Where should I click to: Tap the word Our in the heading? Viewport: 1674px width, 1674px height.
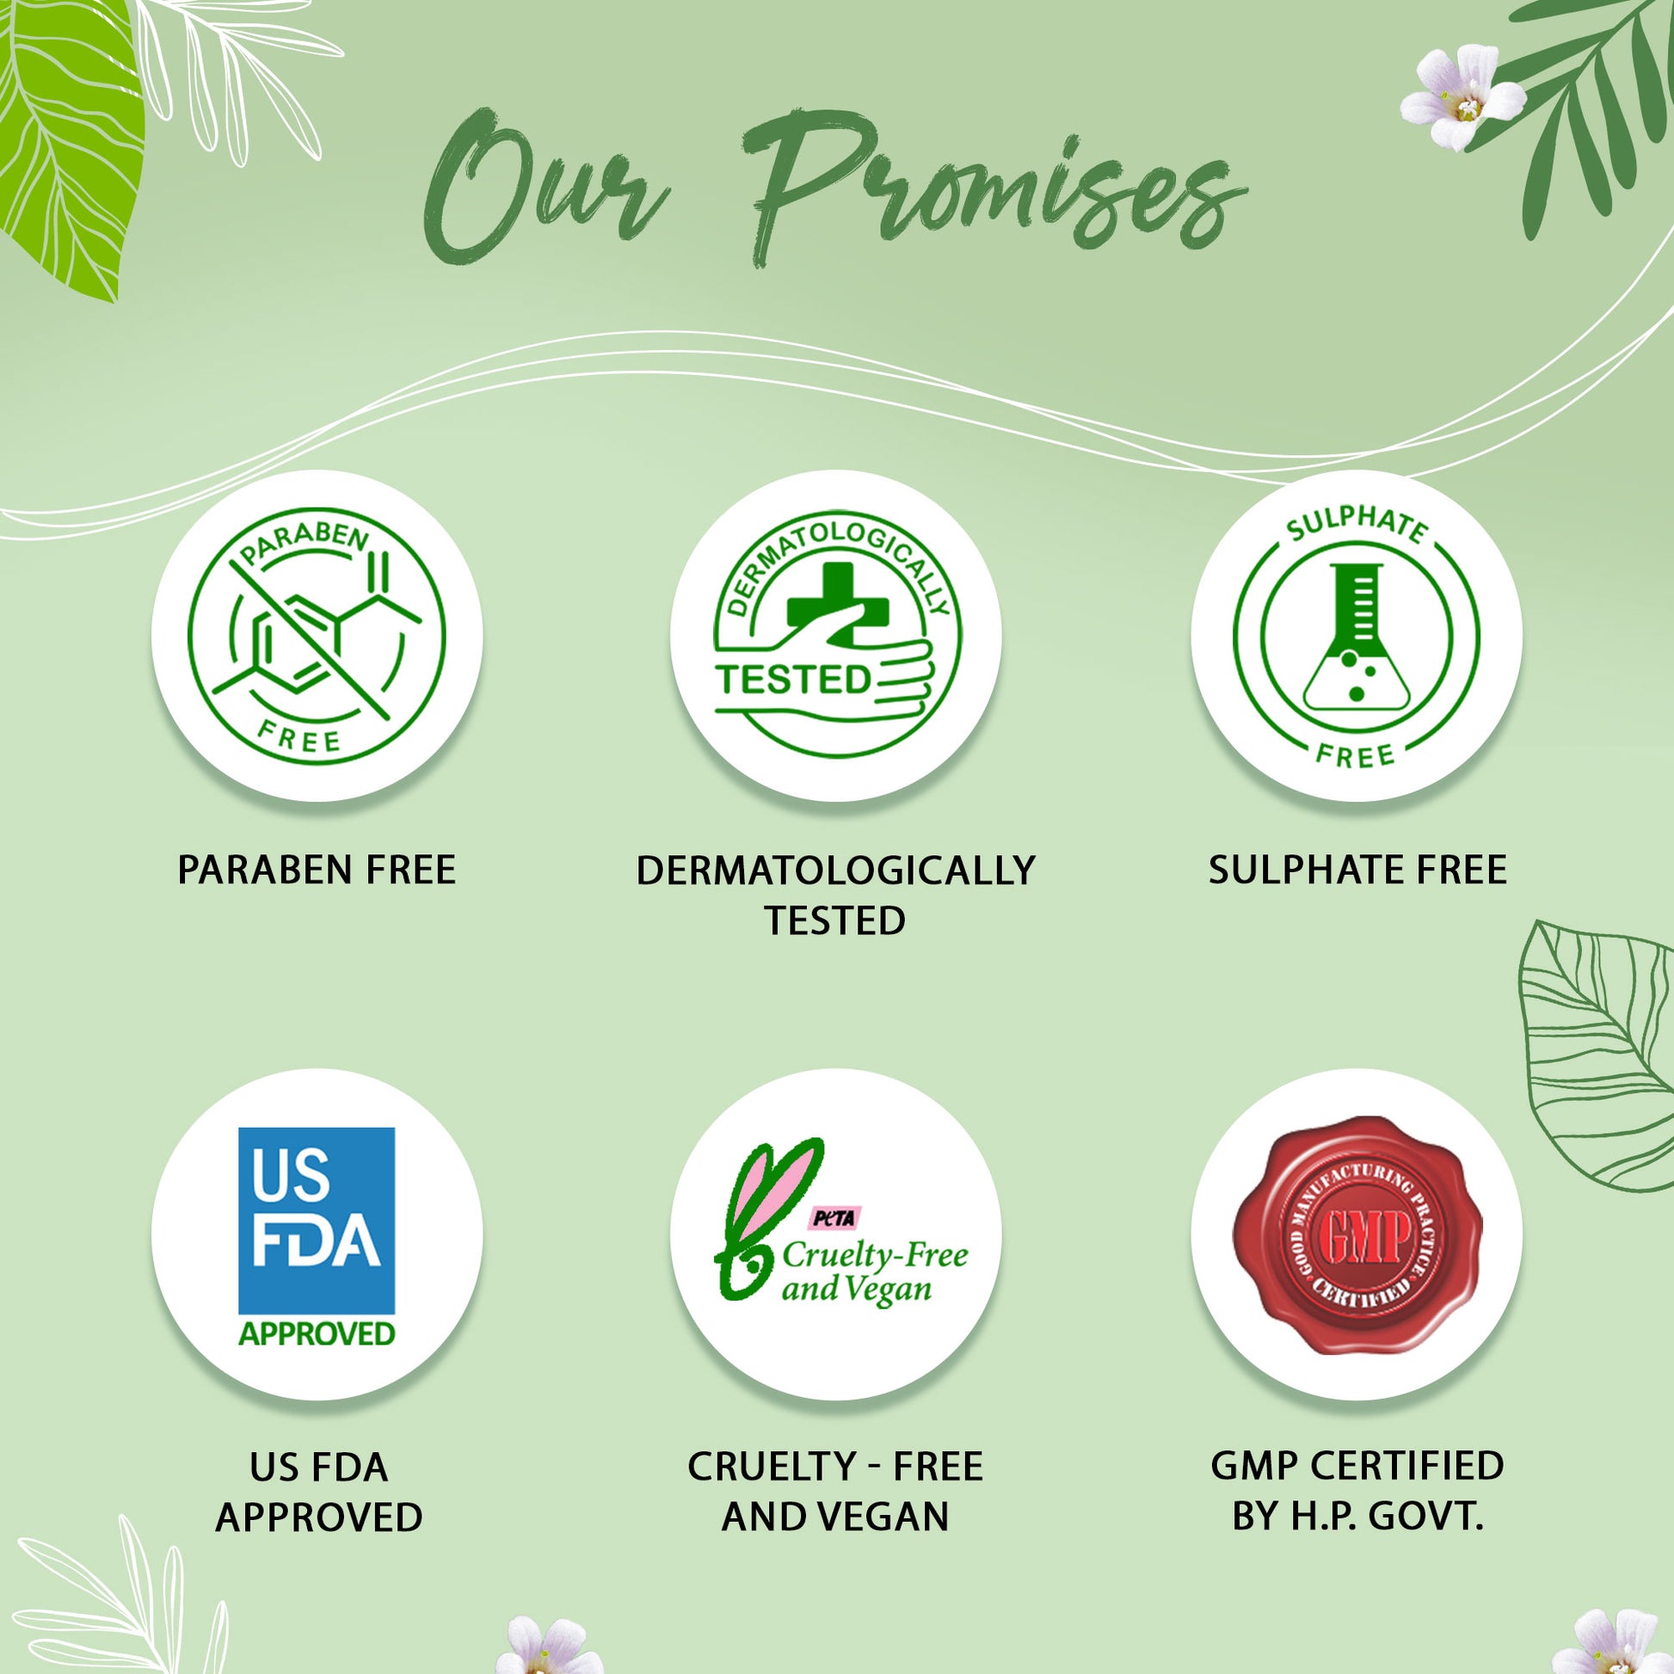click(x=546, y=187)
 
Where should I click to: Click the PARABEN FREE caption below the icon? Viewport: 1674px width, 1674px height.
click(x=317, y=870)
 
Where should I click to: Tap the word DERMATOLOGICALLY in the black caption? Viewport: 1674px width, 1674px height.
click(x=835, y=870)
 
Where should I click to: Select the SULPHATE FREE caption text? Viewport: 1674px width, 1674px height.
click(x=1357, y=870)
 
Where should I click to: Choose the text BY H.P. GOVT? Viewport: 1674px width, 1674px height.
click(x=1357, y=1517)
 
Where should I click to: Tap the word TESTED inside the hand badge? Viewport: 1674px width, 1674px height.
click(x=793, y=680)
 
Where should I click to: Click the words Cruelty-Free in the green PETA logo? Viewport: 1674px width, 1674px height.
click(x=875, y=1253)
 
